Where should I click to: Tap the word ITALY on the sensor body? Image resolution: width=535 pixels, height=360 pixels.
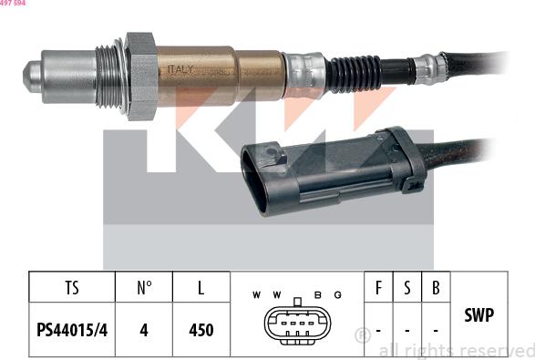178,69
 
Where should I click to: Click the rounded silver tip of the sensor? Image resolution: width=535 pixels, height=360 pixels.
35,73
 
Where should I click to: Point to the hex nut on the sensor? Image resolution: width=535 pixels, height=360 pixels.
141,76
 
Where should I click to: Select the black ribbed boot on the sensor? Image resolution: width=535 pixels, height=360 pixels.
354,70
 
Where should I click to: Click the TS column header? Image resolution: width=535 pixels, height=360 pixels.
72,288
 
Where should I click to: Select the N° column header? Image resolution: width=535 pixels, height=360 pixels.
143,288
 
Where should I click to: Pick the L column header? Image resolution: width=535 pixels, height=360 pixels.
201,288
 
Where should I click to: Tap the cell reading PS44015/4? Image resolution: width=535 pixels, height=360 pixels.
72,330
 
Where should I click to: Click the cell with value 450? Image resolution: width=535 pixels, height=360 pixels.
201,330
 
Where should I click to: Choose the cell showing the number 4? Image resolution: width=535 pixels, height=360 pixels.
143,330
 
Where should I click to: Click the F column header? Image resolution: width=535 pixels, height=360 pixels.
377,288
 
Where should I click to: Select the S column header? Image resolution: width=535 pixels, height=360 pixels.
406,288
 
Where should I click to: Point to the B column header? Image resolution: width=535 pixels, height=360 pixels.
437,288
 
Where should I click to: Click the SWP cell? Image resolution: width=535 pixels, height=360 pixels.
479,315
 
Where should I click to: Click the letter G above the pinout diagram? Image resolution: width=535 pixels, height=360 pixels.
337,294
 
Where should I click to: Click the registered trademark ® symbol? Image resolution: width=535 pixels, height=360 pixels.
362,334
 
